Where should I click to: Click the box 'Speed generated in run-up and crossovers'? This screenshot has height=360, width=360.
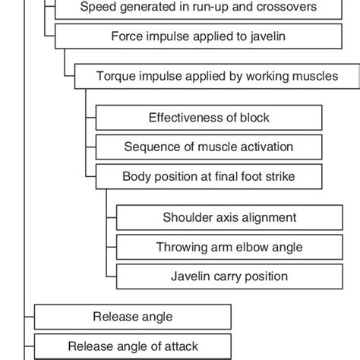188,8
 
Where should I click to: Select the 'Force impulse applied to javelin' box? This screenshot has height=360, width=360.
188,36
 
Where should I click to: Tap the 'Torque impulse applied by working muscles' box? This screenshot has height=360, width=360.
216,77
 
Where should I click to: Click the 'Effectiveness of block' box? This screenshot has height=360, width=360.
208,118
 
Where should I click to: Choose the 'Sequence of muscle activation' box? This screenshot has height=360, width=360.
208,147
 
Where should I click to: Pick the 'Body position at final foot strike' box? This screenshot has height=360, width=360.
208,176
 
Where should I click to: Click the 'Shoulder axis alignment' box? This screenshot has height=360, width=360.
229,217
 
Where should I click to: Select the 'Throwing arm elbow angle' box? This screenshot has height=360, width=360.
229,247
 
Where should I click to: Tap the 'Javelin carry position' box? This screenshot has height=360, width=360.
229,276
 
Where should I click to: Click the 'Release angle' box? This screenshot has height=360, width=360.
132,317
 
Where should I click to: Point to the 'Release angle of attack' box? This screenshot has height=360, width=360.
132,346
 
